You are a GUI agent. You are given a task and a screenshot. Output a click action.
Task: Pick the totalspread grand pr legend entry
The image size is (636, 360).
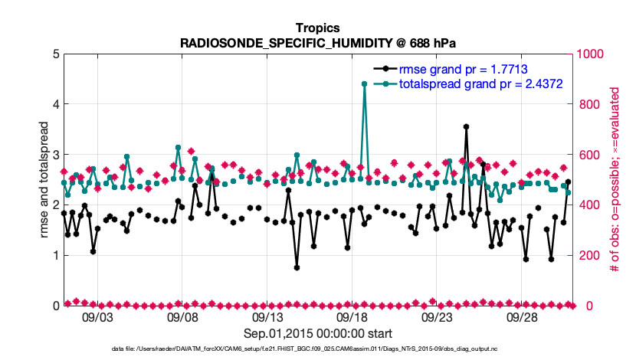coord(481,83)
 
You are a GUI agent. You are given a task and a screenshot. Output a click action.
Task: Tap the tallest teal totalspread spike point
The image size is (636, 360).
coord(364,84)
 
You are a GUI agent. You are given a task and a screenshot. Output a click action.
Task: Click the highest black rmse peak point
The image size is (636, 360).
coord(466,126)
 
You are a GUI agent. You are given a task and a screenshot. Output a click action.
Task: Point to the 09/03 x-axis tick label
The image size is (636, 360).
coord(96,318)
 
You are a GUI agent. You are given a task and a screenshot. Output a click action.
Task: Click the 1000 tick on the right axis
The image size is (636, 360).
coord(589,54)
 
